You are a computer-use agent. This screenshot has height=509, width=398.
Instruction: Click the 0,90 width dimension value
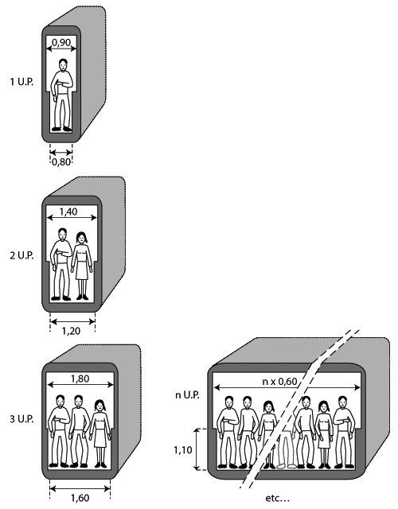pos(61,42)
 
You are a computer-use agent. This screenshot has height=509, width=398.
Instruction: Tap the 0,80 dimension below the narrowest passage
pos(61,161)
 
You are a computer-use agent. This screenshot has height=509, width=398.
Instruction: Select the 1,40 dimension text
pos(68,212)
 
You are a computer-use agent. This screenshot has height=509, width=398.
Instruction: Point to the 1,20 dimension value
pos(71,331)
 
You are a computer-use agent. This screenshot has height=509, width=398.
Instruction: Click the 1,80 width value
pos(80,379)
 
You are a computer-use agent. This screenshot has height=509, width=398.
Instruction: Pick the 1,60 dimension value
pos(80,498)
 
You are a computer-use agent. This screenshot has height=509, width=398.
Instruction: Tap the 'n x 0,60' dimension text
pos(279,382)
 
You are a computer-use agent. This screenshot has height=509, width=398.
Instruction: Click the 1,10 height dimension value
pos(183,450)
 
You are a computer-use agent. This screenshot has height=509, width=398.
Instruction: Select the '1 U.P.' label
pos(21,82)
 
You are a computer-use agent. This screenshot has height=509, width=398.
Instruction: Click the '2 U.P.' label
pos(21,255)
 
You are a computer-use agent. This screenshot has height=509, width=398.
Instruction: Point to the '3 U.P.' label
pos(21,419)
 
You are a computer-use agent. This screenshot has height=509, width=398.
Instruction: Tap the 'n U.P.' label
pos(187,395)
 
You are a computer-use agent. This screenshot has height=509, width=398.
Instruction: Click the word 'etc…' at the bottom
pos(277,498)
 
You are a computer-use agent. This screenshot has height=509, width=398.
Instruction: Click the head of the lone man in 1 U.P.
pos(64,65)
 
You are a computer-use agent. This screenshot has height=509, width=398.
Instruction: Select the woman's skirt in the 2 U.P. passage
pos(82,271)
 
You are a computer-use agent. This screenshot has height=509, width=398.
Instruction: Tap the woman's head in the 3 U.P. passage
pos(100,406)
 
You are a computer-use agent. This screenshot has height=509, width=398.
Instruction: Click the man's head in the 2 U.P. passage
pos(63,235)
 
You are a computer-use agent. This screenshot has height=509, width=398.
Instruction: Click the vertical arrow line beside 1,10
pos(196,449)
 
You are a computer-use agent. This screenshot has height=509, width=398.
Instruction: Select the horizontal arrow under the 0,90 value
pos(61,49)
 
